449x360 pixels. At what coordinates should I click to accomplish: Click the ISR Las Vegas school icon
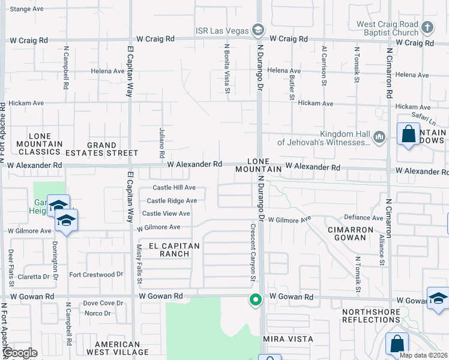pyautogui.click(x=258, y=29)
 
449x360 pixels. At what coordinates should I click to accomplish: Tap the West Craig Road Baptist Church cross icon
pyautogui.click(x=427, y=28)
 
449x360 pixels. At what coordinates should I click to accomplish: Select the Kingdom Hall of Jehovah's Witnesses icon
pyautogui.click(x=379, y=138)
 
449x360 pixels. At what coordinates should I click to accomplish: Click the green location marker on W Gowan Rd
pyautogui.click(x=256, y=299)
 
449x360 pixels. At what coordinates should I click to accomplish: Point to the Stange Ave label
pyautogui.click(x=27, y=9)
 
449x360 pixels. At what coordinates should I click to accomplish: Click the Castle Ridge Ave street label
pyautogui.click(x=172, y=201)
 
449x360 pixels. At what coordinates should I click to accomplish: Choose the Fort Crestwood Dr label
pyautogui.click(x=96, y=275)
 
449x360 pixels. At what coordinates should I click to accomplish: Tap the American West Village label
pyautogui.click(x=117, y=347)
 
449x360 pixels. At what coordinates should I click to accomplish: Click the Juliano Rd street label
pyautogui.click(x=162, y=139)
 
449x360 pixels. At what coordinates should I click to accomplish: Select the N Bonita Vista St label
pyautogui.click(x=228, y=68)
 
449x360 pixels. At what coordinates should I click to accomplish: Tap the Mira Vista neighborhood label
pyautogui.click(x=288, y=339)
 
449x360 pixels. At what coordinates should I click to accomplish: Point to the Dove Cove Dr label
pyautogui.click(x=103, y=304)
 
